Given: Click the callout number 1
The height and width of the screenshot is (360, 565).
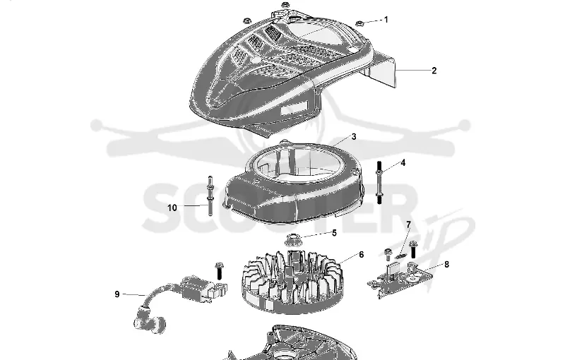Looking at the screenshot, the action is [386, 20].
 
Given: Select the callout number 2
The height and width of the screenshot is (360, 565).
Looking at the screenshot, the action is [434, 71].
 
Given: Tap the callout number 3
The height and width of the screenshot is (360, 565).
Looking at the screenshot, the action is [354, 137].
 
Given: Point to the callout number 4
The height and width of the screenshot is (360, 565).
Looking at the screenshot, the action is [403, 163].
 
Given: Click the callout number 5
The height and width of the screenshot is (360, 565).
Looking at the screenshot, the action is [334, 233].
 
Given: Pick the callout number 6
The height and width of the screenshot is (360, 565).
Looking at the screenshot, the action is [362, 255].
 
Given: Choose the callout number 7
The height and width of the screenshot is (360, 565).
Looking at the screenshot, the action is [408, 225].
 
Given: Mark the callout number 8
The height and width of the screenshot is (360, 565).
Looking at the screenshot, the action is [447, 265].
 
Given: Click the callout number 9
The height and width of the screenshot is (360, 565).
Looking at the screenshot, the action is [117, 294].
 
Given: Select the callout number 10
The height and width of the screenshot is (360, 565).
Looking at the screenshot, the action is [172, 208].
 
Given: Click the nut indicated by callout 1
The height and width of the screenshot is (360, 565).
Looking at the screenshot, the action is [359, 24].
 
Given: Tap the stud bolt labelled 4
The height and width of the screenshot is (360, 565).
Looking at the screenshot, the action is [379, 182].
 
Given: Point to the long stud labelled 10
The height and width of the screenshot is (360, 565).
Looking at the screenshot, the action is [210, 196].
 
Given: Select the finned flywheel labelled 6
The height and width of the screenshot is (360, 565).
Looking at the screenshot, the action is [292, 281].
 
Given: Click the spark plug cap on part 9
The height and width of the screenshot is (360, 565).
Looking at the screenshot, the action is [150, 320].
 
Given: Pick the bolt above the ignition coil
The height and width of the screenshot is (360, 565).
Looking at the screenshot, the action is [219, 271].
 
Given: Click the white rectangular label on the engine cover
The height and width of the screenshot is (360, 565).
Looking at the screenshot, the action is [295, 107].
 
